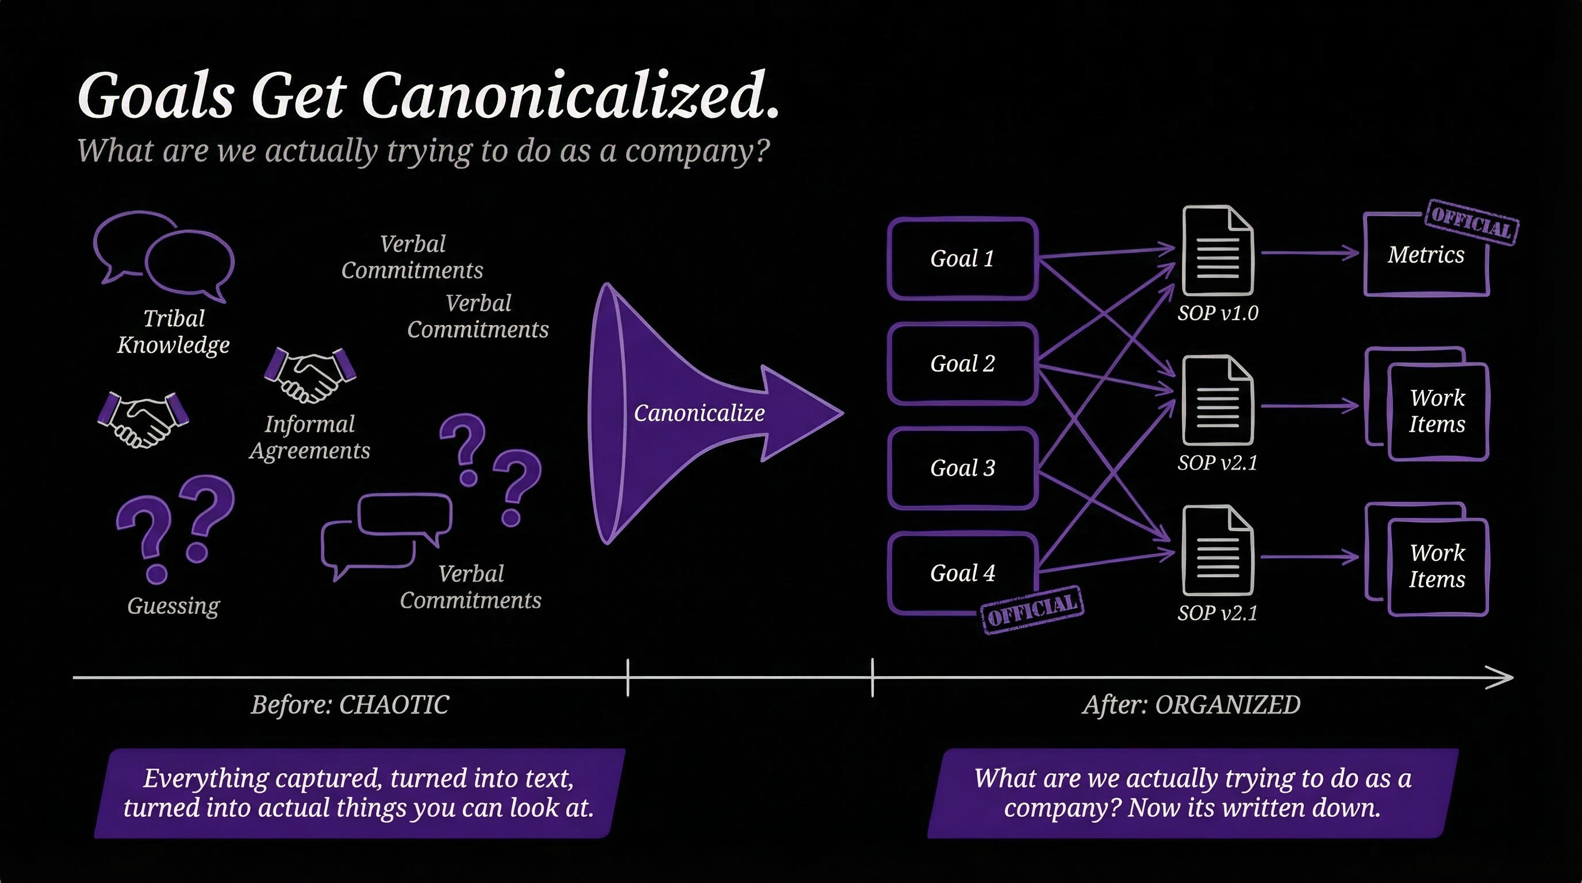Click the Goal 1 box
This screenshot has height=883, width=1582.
(x=962, y=259)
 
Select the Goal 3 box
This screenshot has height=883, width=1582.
(x=962, y=468)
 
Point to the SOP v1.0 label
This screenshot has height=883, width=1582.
(x=1218, y=313)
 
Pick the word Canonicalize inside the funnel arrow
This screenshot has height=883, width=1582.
(x=699, y=413)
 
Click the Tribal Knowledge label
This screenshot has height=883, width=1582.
(x=173, y=332)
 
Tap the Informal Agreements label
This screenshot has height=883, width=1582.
(x=309, y=437)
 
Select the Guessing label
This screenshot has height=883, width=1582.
(x=173, y=606)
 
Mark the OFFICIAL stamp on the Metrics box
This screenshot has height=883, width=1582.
(x=1472, y=223)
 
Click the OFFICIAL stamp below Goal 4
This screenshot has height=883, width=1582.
(x=1032, y=609)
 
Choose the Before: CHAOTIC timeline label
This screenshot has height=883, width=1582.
(x=350, y=705)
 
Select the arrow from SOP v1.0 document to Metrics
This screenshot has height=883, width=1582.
(x=1310, y=252)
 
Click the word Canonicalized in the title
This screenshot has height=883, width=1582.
(x=570, y=97)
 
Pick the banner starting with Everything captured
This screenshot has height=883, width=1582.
(x=359, y=793)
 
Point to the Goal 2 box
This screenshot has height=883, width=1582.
(x=962, y=363)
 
